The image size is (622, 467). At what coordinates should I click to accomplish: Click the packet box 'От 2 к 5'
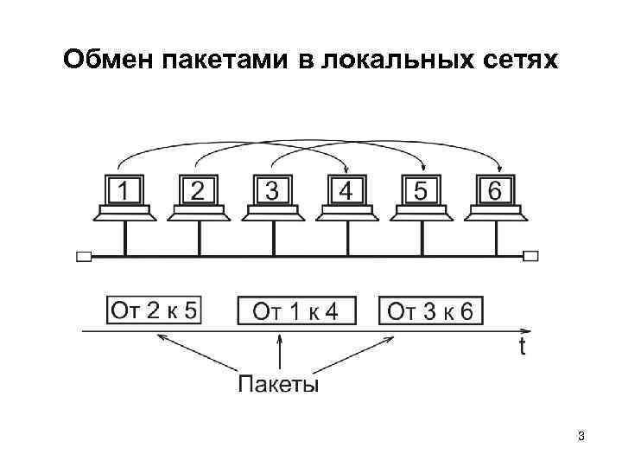click(155, 310)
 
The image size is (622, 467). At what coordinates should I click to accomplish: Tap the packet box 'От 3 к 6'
click(431, 310)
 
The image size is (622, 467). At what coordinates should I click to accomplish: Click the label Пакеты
click(278, 384)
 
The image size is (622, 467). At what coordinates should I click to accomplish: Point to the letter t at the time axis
click(523, 347)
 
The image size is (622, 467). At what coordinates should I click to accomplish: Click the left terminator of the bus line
click(84, 256)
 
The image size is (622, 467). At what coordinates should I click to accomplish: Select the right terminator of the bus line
click(530, 256)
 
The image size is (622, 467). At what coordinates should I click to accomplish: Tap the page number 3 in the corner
click(581, 437)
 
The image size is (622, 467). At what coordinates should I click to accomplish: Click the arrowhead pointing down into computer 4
click(346, 170)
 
